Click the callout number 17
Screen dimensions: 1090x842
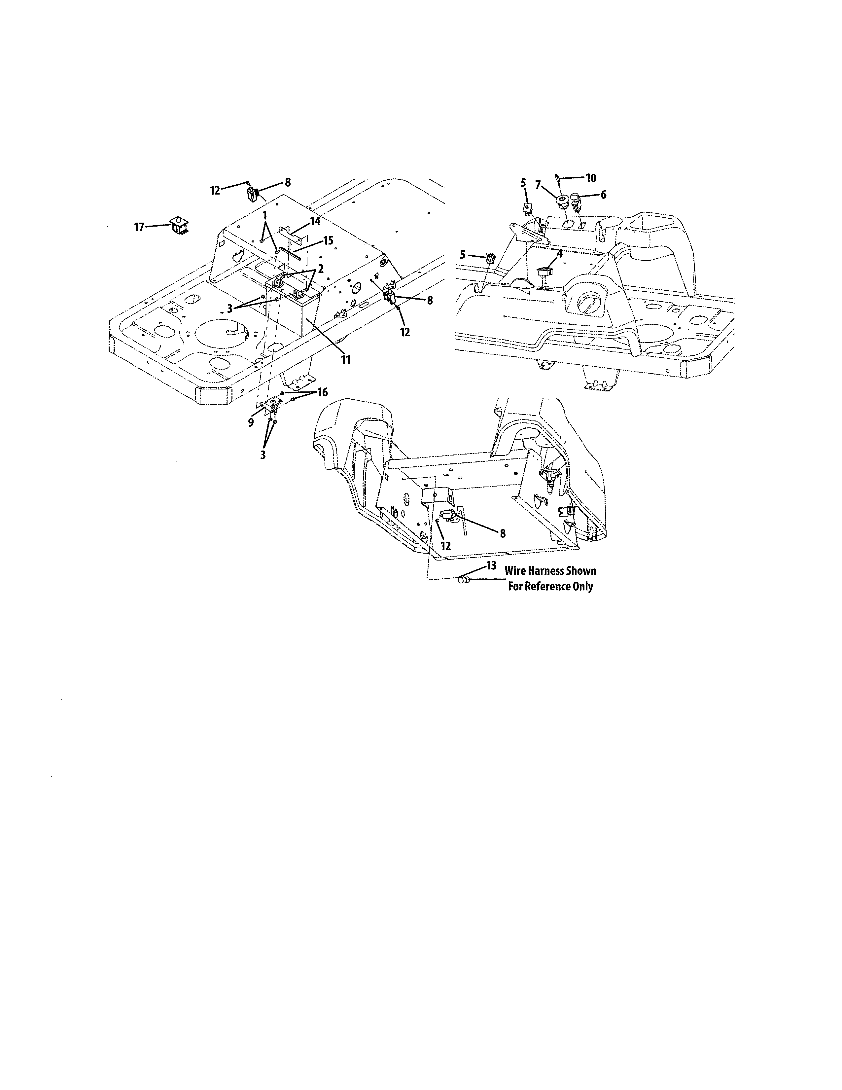(x=139, y=228)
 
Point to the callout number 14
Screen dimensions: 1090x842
(x=315, y=221)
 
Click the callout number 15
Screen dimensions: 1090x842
(x=328, y=240)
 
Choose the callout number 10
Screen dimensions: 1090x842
(x=591, y=178)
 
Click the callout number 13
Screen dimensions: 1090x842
(x=491, y=565)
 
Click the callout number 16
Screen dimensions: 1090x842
(x=322, y=392)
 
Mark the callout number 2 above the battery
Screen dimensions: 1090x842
(x=320, y=269)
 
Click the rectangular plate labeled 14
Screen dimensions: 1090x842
(x=289, y=232)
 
